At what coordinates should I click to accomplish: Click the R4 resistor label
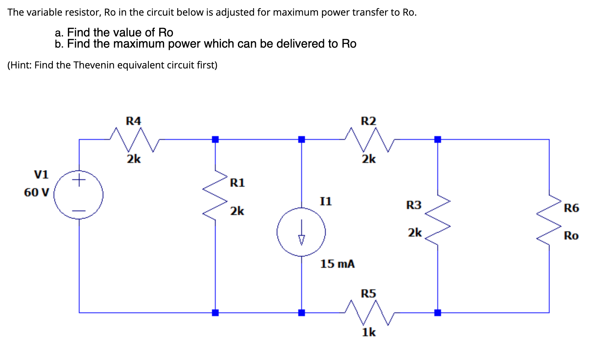[134, 121]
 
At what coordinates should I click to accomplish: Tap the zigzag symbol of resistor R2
[369, 140]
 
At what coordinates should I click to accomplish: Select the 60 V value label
[36, 192]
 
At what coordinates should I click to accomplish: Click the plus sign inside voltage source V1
[78, 181]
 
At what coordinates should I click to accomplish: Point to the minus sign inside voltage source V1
[78, 211]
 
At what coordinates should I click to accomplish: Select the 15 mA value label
[337, 264]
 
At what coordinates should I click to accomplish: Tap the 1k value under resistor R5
[369, 332]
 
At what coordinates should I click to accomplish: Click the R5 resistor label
[369, 293]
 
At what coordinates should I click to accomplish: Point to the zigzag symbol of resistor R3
[438, 219]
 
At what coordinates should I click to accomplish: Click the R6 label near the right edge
[571, 208]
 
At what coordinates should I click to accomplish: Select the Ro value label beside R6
[571, 235]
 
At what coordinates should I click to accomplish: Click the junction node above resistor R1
[215, 139]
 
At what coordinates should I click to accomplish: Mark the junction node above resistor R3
[438, 139]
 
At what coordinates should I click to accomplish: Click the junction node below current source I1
[302, 312]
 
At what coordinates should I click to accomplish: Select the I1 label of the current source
[326, 201]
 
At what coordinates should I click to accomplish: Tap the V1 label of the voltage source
[41, 174]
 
